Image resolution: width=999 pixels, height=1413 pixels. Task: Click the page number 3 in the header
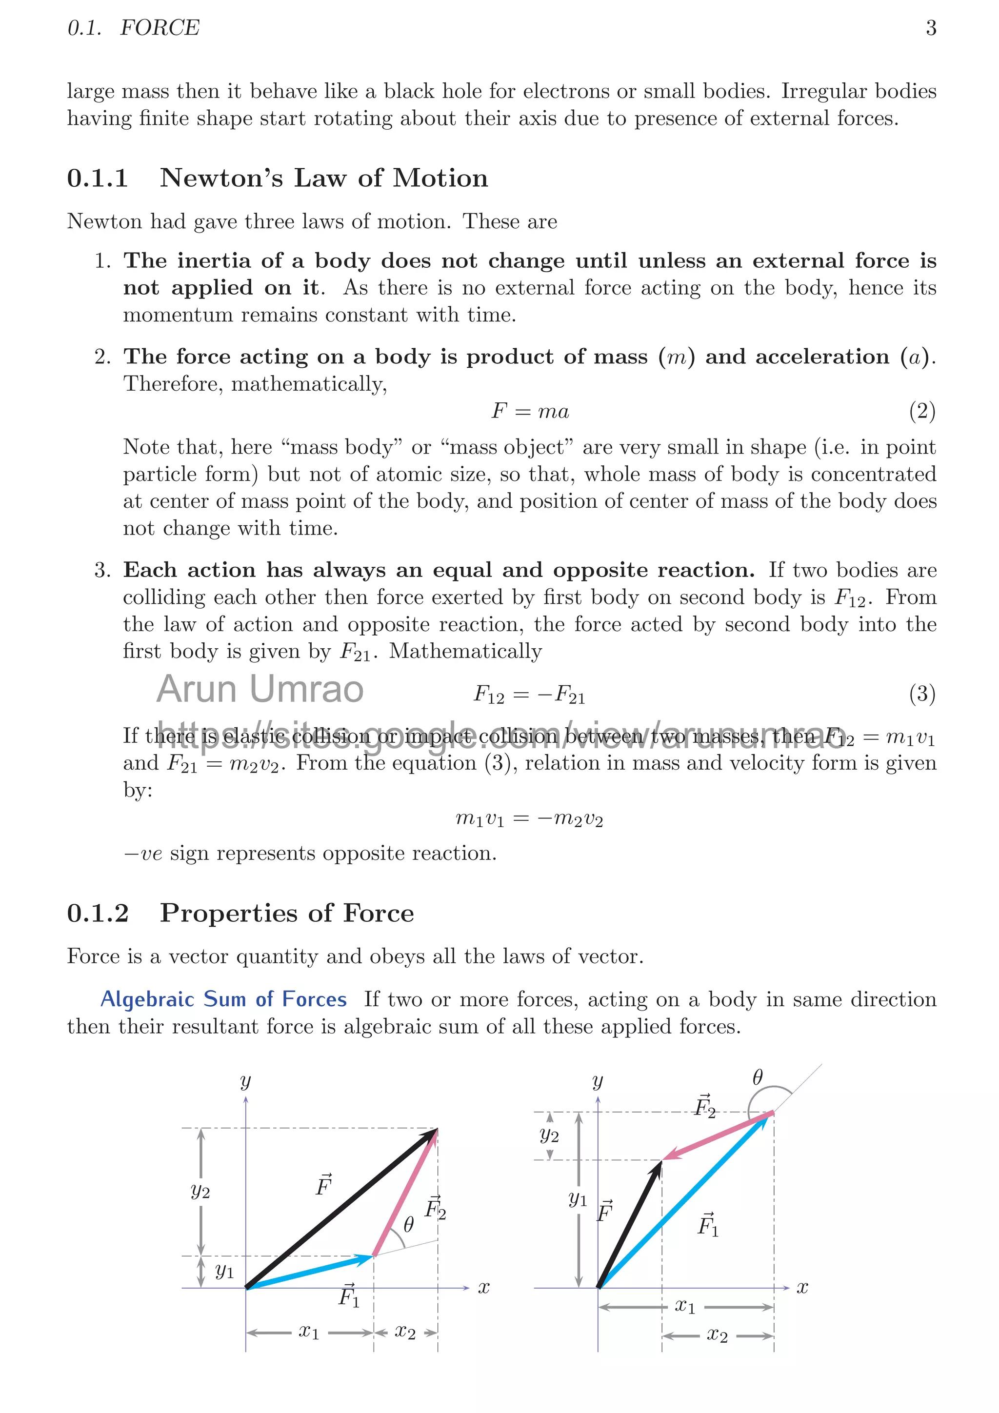coord(931,28)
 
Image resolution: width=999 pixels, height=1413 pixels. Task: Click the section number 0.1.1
coord(97,179)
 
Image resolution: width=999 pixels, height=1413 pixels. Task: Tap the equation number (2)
coord(922,411)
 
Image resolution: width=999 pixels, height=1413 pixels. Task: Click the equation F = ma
coord(530,411)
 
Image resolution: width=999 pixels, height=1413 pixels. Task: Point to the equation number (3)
coord(922,694)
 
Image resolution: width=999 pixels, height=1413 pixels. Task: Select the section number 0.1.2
coord(97,913)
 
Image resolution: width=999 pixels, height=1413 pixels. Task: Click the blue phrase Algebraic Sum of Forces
coord(223,999)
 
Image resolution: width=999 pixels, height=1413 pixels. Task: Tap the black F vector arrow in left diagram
coord(341,1208)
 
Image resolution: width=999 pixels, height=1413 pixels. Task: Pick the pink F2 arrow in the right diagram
coord(717,1135)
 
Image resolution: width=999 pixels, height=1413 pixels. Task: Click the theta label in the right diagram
coord(758,1077)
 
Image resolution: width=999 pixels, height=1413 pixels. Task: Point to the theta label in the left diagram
coord(408,1225)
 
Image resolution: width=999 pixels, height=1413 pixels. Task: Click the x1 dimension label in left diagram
coord(309,1332)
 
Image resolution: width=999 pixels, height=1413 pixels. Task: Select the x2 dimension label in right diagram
coord(717,1335)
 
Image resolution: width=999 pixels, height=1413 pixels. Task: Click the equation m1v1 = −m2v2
coord(529,818)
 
